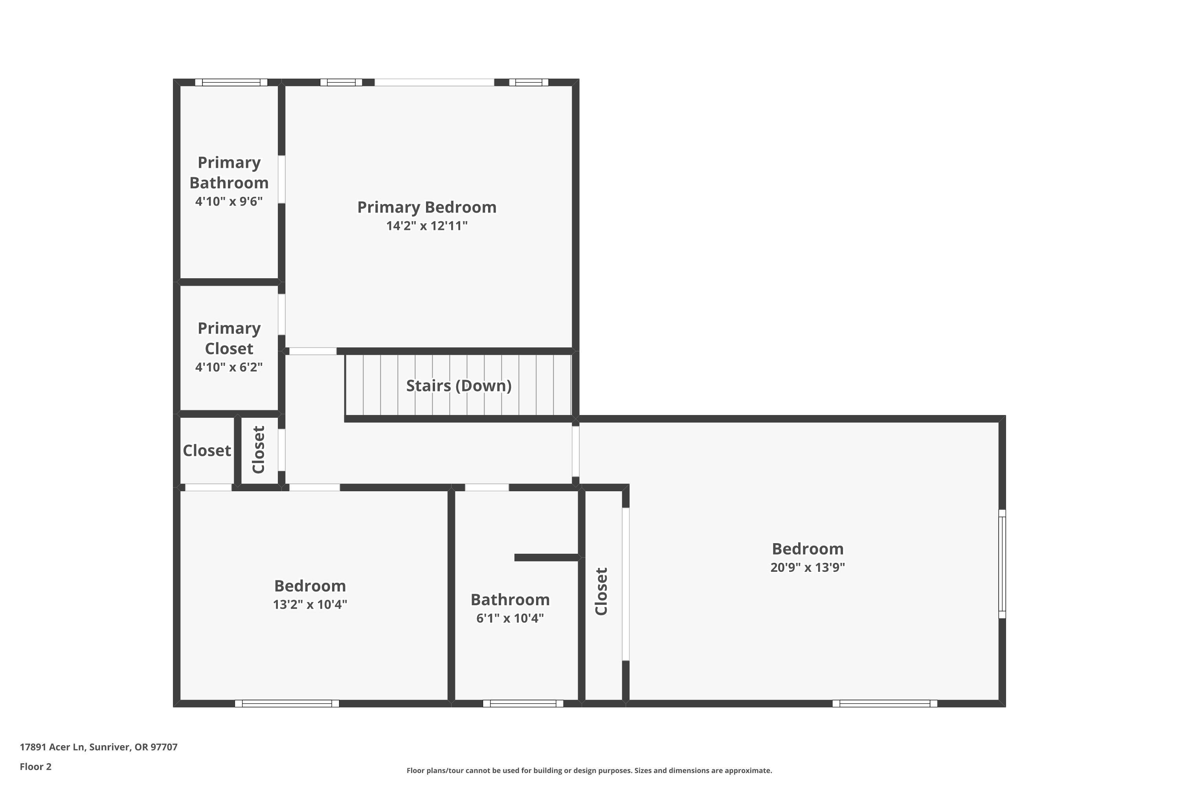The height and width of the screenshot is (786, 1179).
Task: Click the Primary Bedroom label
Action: pyautogui.click(x=426, y=207)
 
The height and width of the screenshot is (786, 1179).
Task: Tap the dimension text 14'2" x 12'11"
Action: pyautogui.click(x=426, y=226)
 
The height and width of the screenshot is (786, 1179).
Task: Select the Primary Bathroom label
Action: pyautogui.click(x=229, y=173)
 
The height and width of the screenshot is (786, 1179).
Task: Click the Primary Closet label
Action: pyautogui.click(x=229, y=338)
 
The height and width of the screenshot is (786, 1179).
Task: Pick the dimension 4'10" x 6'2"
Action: pyautogui.click(x=229, y=367)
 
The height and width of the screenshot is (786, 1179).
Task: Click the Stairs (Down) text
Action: pyautogui.click(x=458, y=386)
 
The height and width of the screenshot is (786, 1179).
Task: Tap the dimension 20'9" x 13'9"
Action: pyautogui.click(x=807, y=567)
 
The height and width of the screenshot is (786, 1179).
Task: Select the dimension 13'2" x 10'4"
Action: pyautogui.click(x=310, y=604)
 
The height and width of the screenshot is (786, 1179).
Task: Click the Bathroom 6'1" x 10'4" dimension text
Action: pyautogui.click(x=510, y=619)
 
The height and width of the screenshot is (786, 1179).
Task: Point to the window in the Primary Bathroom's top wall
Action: pyautogui.click(x=231, y=82)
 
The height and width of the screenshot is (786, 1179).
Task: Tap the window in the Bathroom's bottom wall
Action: pyautogui.click(x=523, y=703)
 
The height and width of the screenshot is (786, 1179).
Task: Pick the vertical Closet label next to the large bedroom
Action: pyautogui.click(x=601, y=591)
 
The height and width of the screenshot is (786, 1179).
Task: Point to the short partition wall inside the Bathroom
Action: pyautogui.click(x=546, y=557)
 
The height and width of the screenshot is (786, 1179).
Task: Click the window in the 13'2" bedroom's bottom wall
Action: pyautogui.click(x=287, y=703)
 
